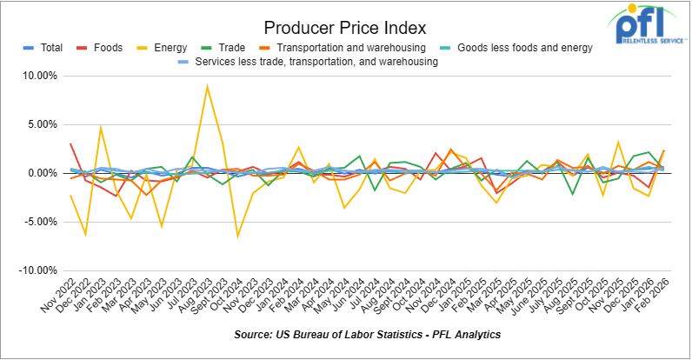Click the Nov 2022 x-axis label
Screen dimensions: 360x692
(57, 297)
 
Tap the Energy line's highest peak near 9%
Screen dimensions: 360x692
(206, 85)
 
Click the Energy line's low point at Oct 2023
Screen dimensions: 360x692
(237, 236)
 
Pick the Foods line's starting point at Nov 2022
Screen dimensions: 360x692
(70, 144)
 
